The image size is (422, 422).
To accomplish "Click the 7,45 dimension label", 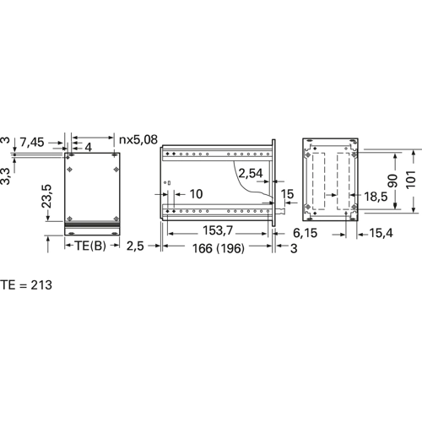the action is [x=32, y=143].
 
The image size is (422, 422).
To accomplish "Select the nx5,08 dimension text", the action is [x=138, y=139].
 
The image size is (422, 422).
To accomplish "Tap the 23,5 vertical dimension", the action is [x=46, y=196].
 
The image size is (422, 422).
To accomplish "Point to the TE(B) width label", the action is [x=90, y=246].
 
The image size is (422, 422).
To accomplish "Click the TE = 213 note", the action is [x=26, y=285].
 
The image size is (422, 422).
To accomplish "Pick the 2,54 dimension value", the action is [x=251, y=173].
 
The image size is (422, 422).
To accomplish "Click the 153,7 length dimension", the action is [x=218, y=230].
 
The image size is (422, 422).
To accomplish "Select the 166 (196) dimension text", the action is [x=219, y=248].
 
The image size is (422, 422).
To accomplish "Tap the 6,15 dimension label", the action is [x=305, y=233].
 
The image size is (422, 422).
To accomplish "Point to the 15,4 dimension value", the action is [x=381, y=233].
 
